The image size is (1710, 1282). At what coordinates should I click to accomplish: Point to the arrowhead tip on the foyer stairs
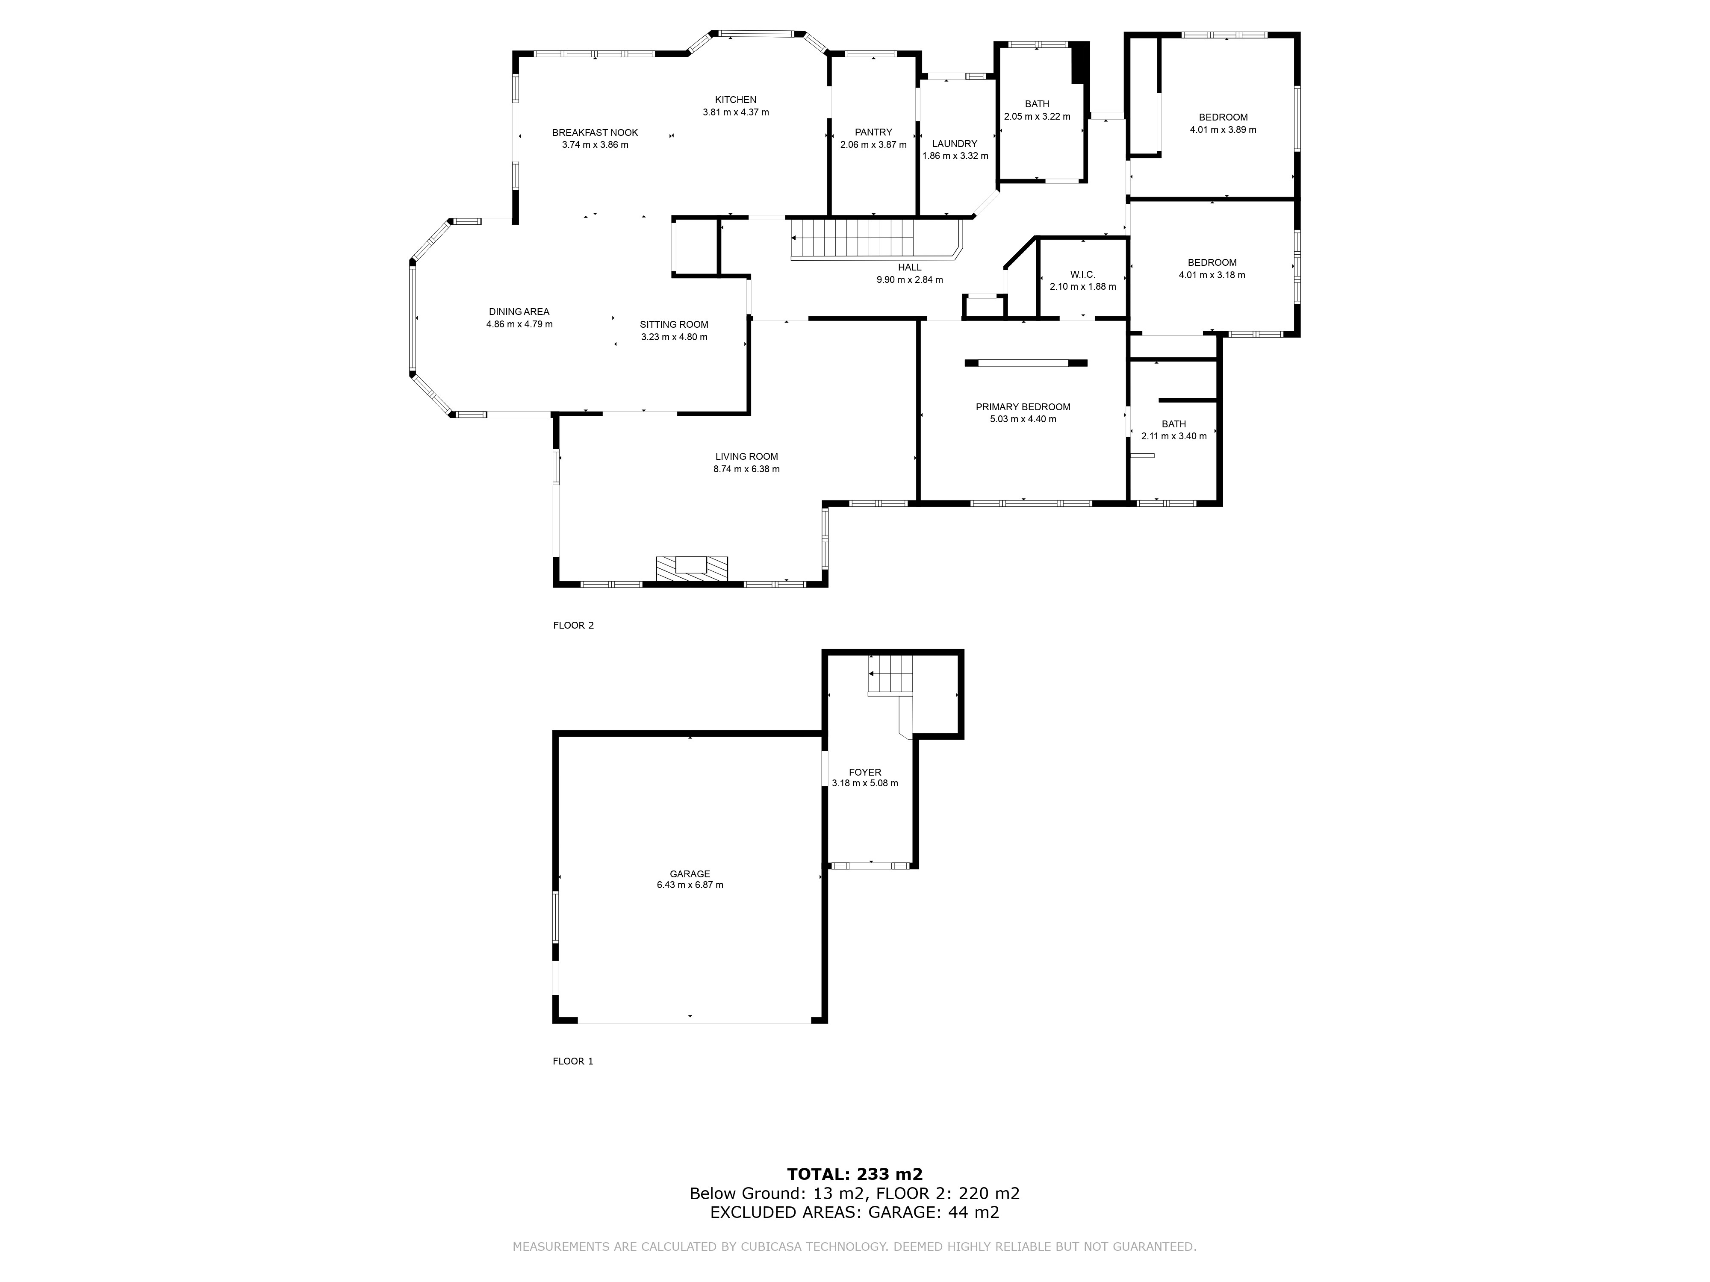pos(870,674)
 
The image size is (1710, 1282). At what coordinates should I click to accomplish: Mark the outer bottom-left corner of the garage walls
pos(553,1024)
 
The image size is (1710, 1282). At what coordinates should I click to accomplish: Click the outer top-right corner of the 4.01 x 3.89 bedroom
pos(1300,32)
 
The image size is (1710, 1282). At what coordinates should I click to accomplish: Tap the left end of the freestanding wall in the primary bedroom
pos(965,363)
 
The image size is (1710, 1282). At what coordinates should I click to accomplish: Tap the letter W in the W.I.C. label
pos(1075,275)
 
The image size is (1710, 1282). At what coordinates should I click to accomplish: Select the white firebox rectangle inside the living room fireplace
pos(691,564)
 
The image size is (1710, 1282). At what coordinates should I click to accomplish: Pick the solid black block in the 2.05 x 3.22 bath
pos(1080,62)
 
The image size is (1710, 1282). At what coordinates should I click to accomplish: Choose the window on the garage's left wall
pos(555,917)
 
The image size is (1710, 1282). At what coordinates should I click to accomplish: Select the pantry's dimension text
pos(873,144)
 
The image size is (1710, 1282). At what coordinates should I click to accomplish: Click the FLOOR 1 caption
pos(573,1061)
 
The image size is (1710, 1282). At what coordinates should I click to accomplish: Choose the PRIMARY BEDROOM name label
pos(1023,407)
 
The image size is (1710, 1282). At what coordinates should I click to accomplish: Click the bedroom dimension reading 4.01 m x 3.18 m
pos(1212,275)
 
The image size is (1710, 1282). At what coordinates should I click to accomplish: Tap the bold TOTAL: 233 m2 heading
pos(855,1175)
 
